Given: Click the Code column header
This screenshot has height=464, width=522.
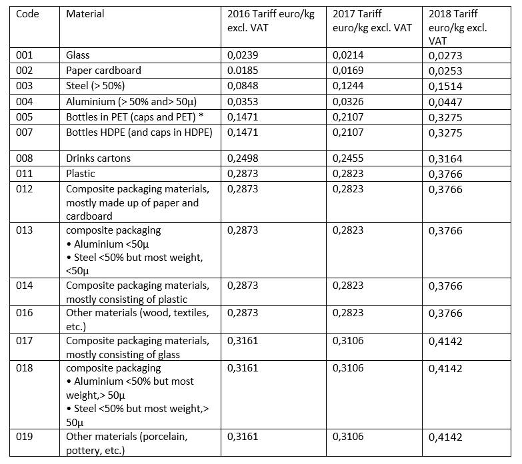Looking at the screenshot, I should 27,14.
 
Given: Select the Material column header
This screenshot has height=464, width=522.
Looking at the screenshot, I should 85,14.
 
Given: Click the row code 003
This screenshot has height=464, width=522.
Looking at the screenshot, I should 25,86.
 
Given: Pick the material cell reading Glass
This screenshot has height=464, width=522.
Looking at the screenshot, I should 77,55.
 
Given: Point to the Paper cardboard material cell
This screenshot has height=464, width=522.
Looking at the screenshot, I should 103,71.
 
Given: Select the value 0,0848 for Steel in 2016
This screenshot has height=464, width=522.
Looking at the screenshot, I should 243,86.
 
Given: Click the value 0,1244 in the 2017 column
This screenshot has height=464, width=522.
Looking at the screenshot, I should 348,86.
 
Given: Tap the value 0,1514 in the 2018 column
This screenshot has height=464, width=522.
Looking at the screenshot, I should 445,87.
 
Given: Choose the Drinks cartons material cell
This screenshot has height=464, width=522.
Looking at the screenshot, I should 98,158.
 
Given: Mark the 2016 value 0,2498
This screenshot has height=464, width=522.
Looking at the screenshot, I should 243,158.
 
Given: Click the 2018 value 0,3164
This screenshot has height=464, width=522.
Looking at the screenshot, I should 445,159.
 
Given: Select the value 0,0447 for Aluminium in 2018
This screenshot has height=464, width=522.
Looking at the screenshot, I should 445,102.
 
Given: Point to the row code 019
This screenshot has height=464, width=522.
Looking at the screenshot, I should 25,437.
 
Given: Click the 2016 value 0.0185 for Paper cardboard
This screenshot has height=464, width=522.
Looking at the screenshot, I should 243,71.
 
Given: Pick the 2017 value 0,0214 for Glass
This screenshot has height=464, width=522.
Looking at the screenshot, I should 348,55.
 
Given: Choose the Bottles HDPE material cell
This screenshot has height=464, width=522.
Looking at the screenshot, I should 139,132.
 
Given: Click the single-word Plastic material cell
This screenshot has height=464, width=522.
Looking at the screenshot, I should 81,174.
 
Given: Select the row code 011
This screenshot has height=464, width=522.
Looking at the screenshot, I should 25,174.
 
